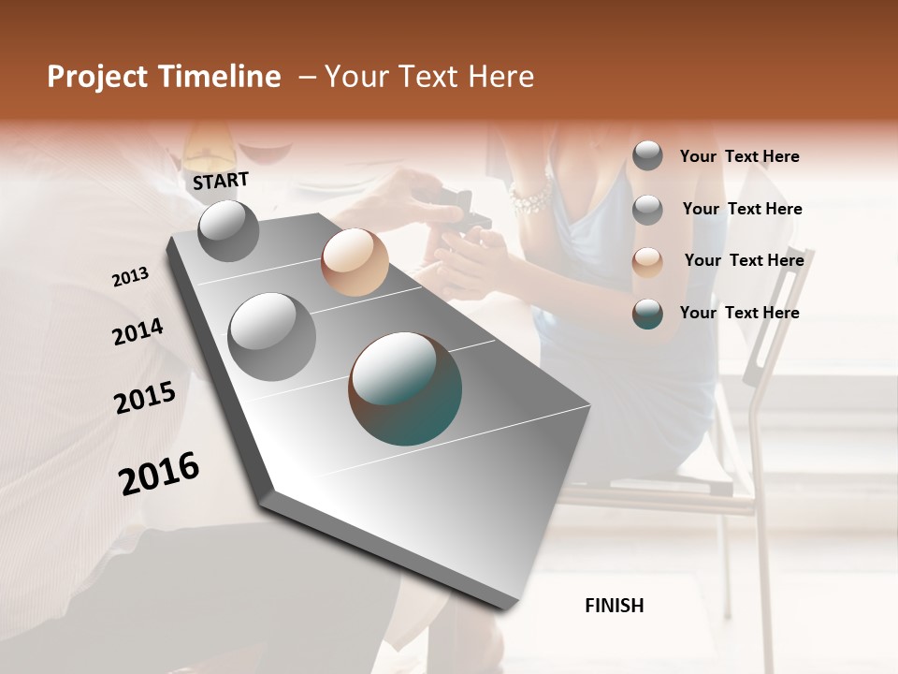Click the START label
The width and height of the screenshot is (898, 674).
[221, 181]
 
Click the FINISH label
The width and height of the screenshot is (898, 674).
[614, 606]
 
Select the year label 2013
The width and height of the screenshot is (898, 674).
[130, 277]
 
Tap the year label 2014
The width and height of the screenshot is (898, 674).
[138, 332]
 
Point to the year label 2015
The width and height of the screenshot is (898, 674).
[145, 398]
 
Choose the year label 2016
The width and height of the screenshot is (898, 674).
[159, 474]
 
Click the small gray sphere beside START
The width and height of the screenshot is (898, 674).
[228, 230]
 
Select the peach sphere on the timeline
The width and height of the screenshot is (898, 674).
[355, 262]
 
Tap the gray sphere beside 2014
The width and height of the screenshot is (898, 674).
[271, 336]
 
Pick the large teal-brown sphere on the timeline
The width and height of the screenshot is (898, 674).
[405, 388]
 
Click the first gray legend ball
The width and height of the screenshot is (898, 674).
[647, 155]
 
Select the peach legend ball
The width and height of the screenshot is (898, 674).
[647, 262]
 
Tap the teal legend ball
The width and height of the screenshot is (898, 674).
[647, 314]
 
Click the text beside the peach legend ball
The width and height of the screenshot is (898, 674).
[744, 260]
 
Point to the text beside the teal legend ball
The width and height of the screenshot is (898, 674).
[739, 313]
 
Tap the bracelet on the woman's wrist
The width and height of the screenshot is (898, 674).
[530, 199]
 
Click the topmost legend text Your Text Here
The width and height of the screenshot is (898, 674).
[739, 156]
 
